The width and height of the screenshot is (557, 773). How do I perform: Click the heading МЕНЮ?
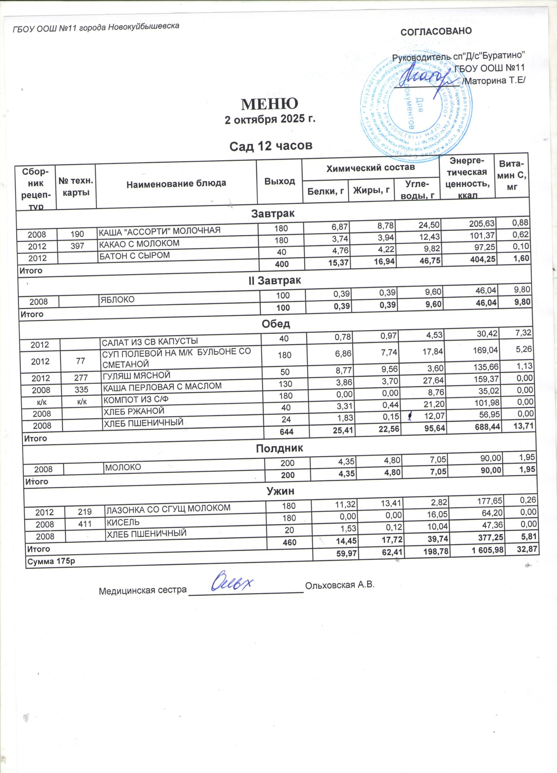tap(270, 104)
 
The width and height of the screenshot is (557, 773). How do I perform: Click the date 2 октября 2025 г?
tap(270, 120)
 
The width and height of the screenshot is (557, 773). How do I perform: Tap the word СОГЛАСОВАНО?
tap(436, 31)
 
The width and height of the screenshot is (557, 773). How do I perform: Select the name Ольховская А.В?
tap(340, 585)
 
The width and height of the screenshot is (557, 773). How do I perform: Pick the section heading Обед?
tap(276, 324)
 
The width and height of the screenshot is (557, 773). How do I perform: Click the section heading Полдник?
tap(279, 448)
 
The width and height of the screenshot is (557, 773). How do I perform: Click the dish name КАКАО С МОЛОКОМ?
tap(139, 243)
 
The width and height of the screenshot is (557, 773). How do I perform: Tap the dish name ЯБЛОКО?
tap(117, 300)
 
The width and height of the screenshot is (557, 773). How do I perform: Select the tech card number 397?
tap(77, 246)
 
